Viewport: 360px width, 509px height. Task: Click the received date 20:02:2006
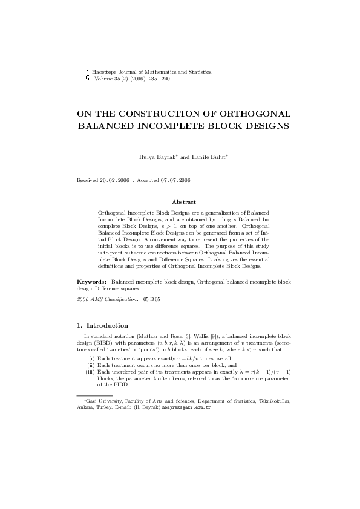coord(116,180)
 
